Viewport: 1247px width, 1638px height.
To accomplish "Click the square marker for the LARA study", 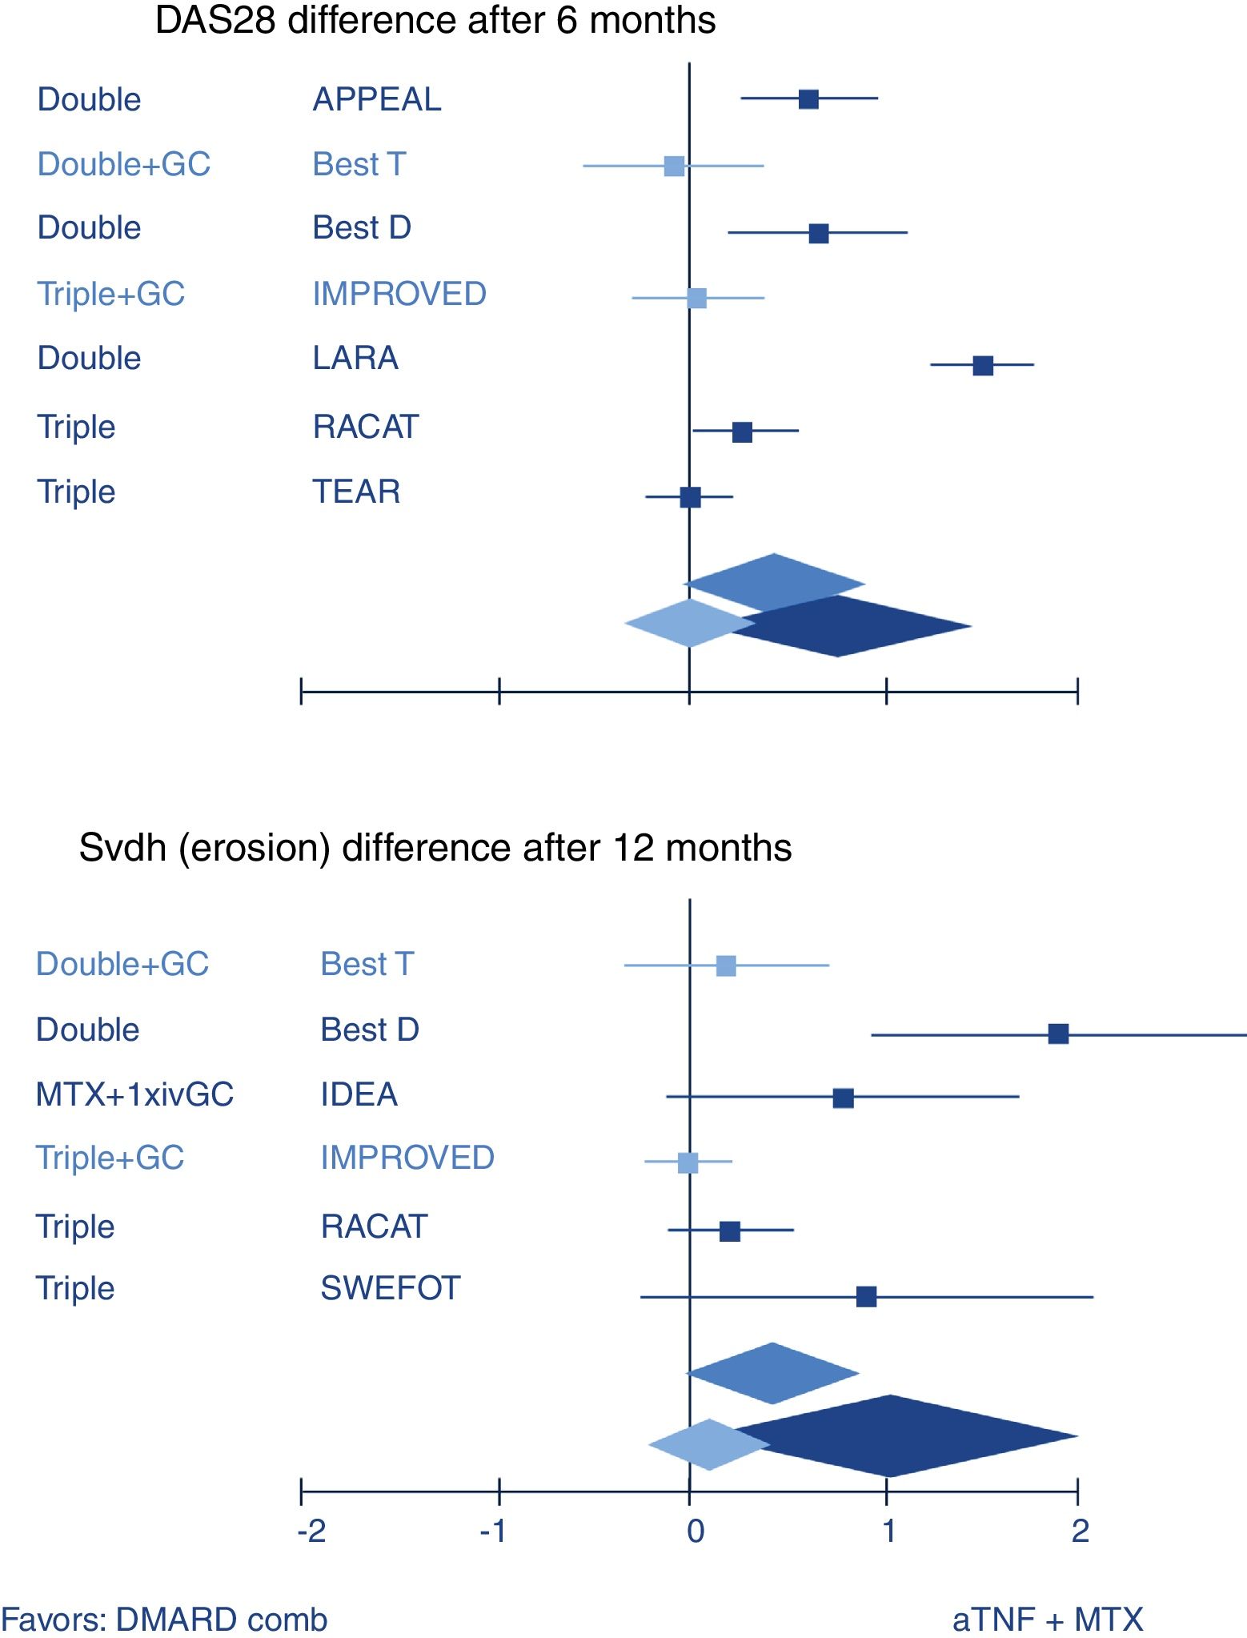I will (983, 366).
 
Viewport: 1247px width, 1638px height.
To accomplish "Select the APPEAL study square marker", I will (808, 99).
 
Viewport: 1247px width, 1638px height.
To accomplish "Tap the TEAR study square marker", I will (690, 497).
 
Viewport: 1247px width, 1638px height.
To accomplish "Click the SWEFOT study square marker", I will (866, 1296).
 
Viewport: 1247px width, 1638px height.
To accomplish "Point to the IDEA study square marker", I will (843, 1098).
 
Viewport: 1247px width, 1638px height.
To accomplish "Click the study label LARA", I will (355, 358).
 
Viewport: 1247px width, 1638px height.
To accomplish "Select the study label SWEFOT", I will (391, 1288).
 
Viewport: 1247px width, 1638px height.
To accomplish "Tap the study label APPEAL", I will (377, 99).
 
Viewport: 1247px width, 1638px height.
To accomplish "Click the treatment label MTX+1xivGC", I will (134, 1094).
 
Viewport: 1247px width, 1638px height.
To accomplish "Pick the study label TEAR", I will (356, 492).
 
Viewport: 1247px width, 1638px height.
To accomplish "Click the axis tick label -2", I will (311, 1532).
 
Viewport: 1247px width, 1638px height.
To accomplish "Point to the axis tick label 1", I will (888, 1532).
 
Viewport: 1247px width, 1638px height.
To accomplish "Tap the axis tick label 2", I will (1080, 1532).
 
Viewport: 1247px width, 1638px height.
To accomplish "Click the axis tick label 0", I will (696, 1532).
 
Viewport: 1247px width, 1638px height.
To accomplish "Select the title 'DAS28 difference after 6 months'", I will (435, 20).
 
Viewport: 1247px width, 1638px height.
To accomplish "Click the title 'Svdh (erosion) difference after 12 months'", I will (435, 848).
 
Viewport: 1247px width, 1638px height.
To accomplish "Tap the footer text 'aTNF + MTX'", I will (1048, 1620).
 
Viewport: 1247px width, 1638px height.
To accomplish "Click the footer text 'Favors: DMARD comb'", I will (165, 1620).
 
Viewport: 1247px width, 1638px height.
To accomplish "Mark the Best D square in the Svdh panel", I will (1058, 1034).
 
